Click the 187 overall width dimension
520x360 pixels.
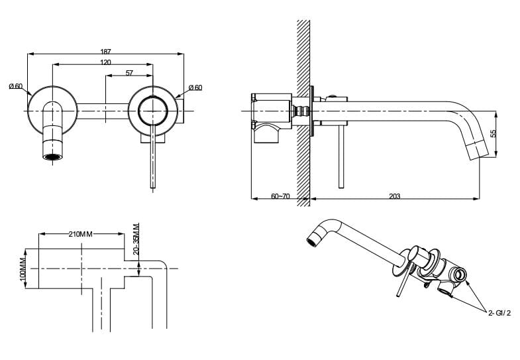tap(106, 51)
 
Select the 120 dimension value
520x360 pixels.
tap(106, 62)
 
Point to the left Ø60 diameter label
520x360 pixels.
tap(16, 86)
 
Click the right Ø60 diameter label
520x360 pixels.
tap(195, 88)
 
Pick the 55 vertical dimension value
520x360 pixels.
tap(493, 133)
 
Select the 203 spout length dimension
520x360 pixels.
tap(395, 196)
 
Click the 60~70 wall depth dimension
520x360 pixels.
tap(281, 196)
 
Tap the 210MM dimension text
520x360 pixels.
tap(81, 234)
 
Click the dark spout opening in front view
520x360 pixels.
tap(52, 158)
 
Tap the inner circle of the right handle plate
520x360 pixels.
tap(153, 110)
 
